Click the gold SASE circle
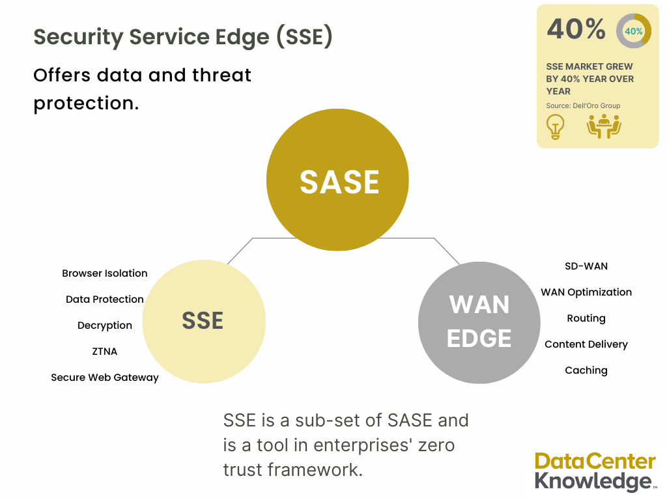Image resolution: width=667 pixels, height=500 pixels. pyautogui.click(x=337, y=180)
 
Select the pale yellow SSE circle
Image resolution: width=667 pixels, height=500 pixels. pyautogui.click(x=203, y=321)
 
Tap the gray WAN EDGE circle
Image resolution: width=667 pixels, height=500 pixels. pyautogui.click(x=479, y=322)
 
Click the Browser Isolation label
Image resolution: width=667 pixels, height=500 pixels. pyautogui.click(x=105, y=273)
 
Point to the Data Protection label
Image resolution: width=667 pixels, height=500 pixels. pyautogui.click(x=105, y=299)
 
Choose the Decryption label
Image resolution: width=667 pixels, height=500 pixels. pyautogui.click(x=105, y=326)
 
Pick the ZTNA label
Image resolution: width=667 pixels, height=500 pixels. pyautogui.click(x=105, y=352)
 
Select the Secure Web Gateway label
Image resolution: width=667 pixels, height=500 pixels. pyautogui.click(x=105, y=378)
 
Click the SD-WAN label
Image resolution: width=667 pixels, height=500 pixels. pyautogui.click(x=586, y=266)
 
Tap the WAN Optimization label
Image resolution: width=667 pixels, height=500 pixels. pyautogui.click(x=586, y=292)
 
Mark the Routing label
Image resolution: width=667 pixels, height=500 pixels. pyautogui.click(x=586, y=318)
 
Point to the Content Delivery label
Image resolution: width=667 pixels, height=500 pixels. pyautogui.click(x=586, y=344)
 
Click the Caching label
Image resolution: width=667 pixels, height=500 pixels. pyautogui.click(x=586, y=370)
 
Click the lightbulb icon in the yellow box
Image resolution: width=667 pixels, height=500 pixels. pyautogui.click(x=555, y=126)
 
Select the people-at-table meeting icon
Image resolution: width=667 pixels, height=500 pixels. pyautogui.click(x=604, y=126)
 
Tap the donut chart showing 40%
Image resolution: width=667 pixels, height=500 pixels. pyautogui.click(x=633, y=31)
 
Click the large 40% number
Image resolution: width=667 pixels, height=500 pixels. pyautogui.click(x=576, y=29)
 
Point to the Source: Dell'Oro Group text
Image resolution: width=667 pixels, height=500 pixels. pyautogui.click(x=583, y=105)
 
